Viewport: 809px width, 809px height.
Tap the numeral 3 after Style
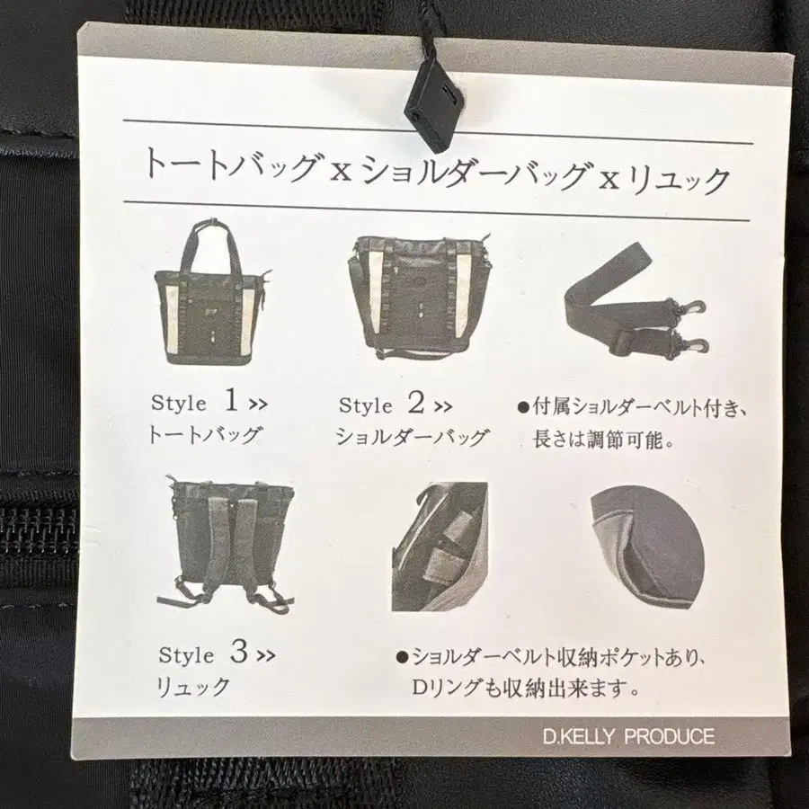[x=237, y=653]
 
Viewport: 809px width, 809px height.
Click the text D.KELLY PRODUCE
[x=628, y=737]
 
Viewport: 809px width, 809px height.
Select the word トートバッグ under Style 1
[x=204, y=436]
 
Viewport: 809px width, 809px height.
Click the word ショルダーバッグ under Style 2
[x=412, y=438]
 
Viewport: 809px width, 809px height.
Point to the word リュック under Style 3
[x=194, y=688]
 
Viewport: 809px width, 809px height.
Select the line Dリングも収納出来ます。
[x=526, y=690]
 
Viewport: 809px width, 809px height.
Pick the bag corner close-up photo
[x=647, y=548]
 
